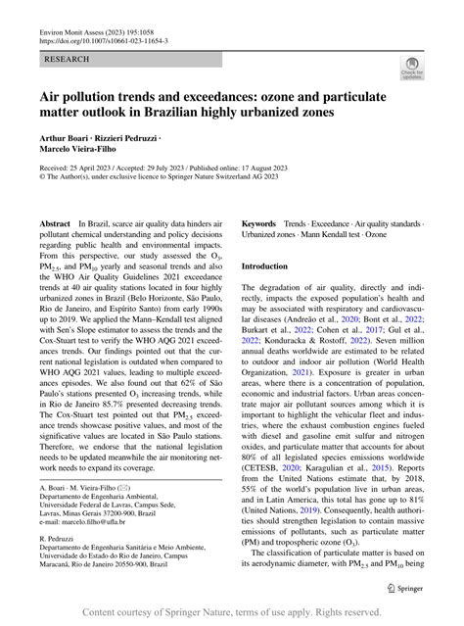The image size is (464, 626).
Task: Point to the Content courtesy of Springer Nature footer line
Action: coord(231,613)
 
